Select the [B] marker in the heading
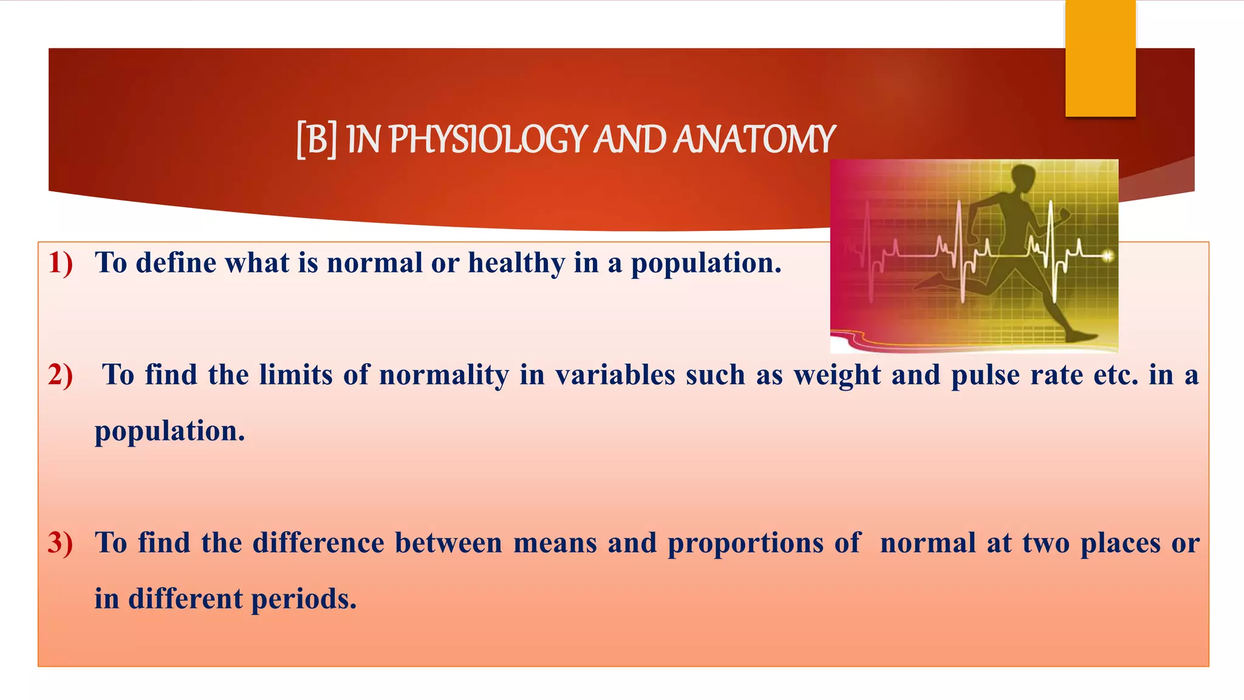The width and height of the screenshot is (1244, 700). (316, 139)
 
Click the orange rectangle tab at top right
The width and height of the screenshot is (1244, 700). (1100, 58)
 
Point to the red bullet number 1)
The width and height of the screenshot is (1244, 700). (61, 263)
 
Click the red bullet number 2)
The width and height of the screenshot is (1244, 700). (61, 375)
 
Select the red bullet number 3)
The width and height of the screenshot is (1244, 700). (61, 543)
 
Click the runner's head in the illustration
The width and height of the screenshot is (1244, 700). (1023, 177)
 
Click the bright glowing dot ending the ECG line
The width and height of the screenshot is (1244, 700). (1108, 256)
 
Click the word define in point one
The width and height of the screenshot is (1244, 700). (176, 263)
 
